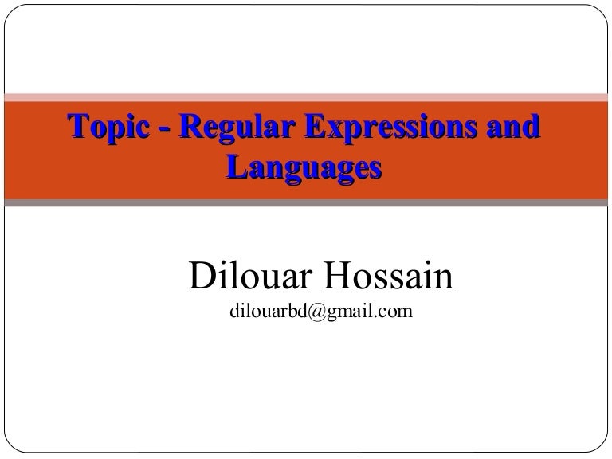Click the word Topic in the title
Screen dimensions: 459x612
112,128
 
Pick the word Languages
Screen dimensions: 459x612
302,168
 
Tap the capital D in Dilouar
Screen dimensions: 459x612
202,276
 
